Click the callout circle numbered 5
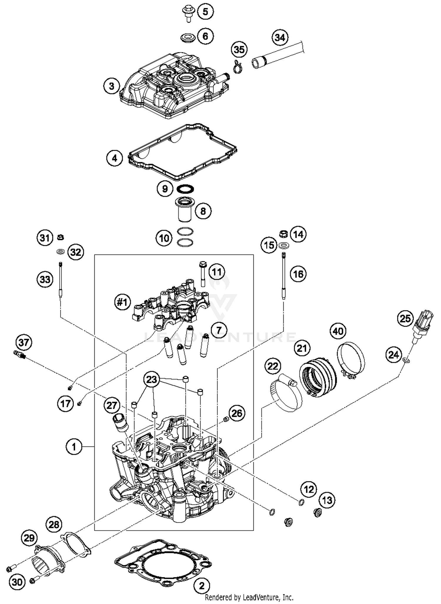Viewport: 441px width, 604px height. (x=205, y=12)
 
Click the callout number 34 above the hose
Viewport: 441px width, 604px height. (x=280, y=38)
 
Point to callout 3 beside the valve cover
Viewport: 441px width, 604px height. (x=111, y=86)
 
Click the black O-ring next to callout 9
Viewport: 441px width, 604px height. (x=185, y=188)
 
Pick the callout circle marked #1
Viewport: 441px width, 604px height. (x=122, y=302)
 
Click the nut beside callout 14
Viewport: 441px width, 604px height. (x=283, y=234)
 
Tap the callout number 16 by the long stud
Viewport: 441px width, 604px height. (x=298, y=274)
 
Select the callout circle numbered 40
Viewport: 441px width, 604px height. (x=338, y=331)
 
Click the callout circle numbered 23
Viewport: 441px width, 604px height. (x=151, y=379)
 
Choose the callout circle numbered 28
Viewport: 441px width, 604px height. (x=54, y=524)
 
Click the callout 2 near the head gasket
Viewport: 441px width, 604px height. (x=202, y=586)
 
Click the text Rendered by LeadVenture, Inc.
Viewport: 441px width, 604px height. (x=249, y=597)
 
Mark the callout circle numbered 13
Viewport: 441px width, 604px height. (x=327, y=500)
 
